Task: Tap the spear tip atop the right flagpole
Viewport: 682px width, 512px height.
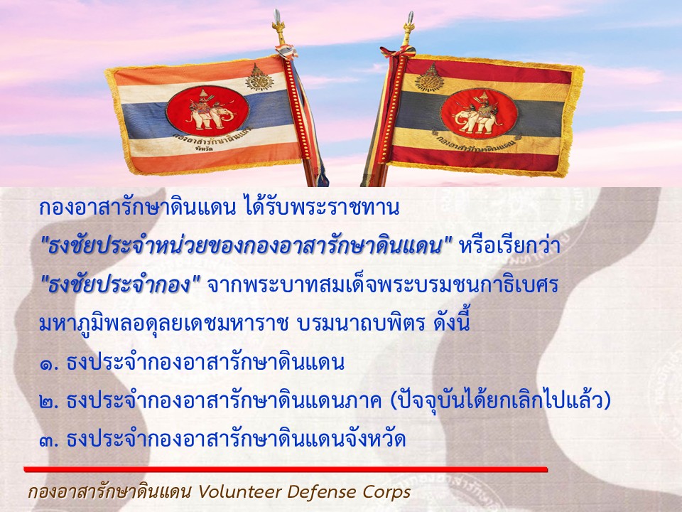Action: tap(410, 18)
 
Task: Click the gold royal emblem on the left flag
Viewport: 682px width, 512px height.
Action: tap(259, 78)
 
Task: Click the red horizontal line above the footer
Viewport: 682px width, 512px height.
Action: tap(286, 469)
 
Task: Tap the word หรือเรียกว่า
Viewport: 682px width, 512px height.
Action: tap(509, 247)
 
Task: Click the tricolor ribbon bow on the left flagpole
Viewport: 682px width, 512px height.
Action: tap(286, 51)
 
